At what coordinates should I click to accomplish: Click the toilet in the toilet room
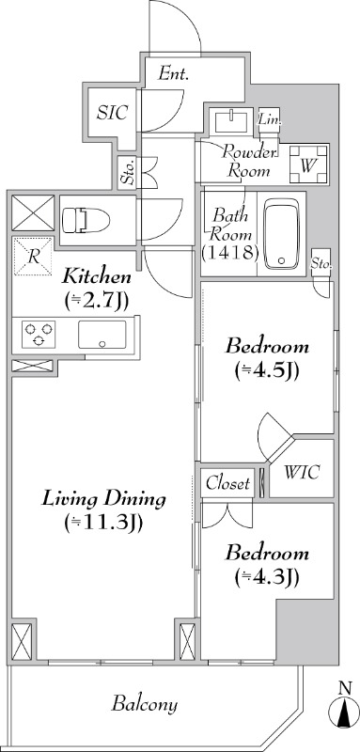pos(86,220)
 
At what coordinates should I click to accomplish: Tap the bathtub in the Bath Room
pos(281,233)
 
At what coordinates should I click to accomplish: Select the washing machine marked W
pos(308,164)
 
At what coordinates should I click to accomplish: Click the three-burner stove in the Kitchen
pos(39,335)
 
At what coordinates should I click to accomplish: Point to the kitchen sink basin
pos(102,335)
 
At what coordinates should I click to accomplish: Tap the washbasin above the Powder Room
pos(231,121)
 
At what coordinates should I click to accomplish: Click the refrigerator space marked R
pos(33,256)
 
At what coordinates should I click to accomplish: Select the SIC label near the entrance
pos(112,112)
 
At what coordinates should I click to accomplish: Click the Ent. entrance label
pos(174,74)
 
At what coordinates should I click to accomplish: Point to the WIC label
pos(302,472)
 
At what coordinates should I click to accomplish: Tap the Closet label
pos(227,483)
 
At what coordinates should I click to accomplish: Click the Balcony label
pos(145,704)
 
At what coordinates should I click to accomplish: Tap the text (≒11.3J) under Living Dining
pos(103,522)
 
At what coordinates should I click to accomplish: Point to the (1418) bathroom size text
pos(230,252)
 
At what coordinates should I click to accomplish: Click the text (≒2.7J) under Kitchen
pos(98,299)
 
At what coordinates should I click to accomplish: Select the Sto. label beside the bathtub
pos(321,264)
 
